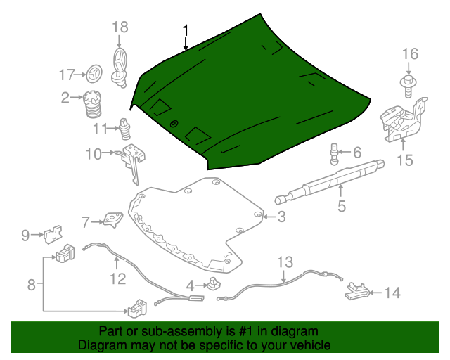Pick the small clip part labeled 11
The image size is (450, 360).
[x=125, y=129]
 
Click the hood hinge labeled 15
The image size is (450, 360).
[x=402, y=117]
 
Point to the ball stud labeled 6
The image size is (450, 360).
[x=335, y=152]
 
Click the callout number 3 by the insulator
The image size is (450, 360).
[x=281, y=217]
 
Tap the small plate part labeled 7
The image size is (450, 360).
[x=110, y=221]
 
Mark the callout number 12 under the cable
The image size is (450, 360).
[x=117, y=279]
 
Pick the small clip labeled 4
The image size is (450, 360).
[x=212, y=284]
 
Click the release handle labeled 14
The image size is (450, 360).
[x=356, y=291]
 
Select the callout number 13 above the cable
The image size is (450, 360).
[x=284, y=263]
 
